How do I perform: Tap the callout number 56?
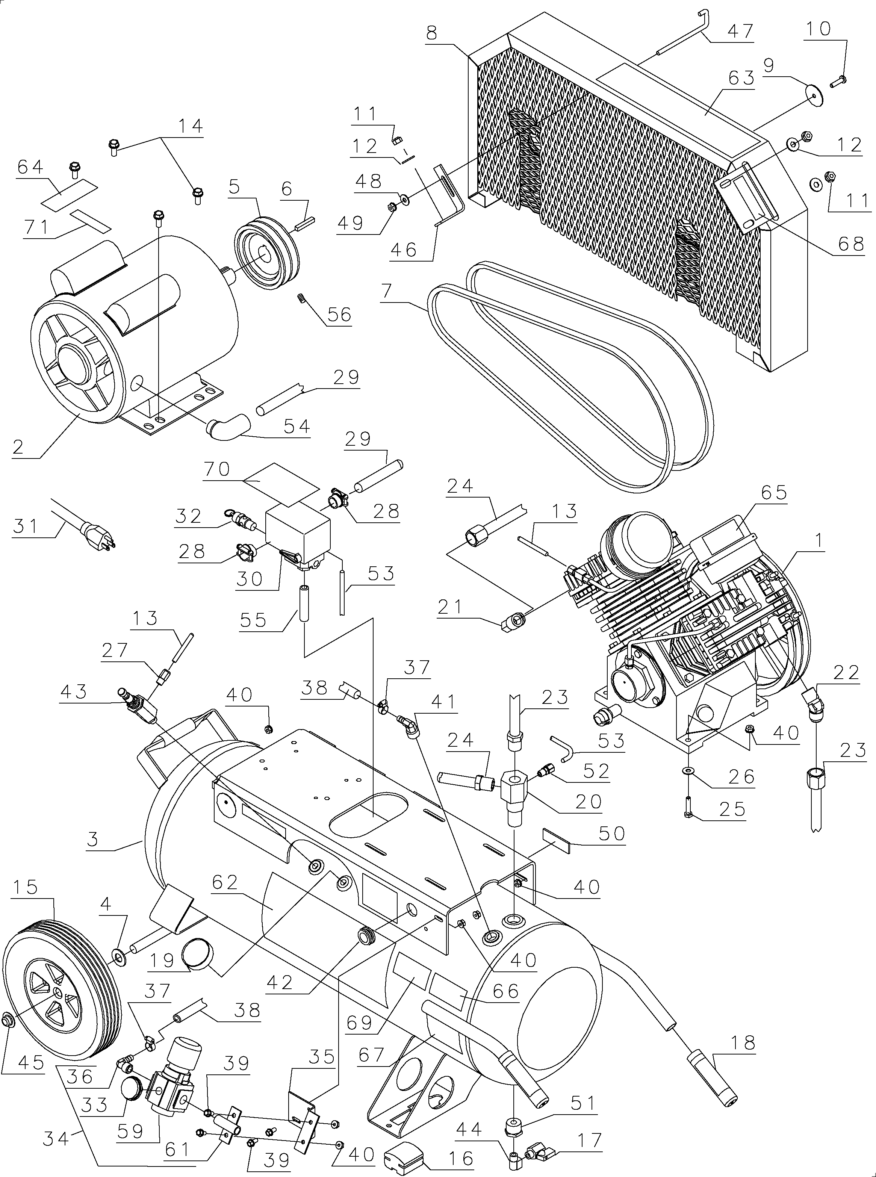tap(339, 315)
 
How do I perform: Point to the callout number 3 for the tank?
tap(93, 839)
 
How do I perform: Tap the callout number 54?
tap(297, 426)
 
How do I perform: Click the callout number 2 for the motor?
tap(18, 447)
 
